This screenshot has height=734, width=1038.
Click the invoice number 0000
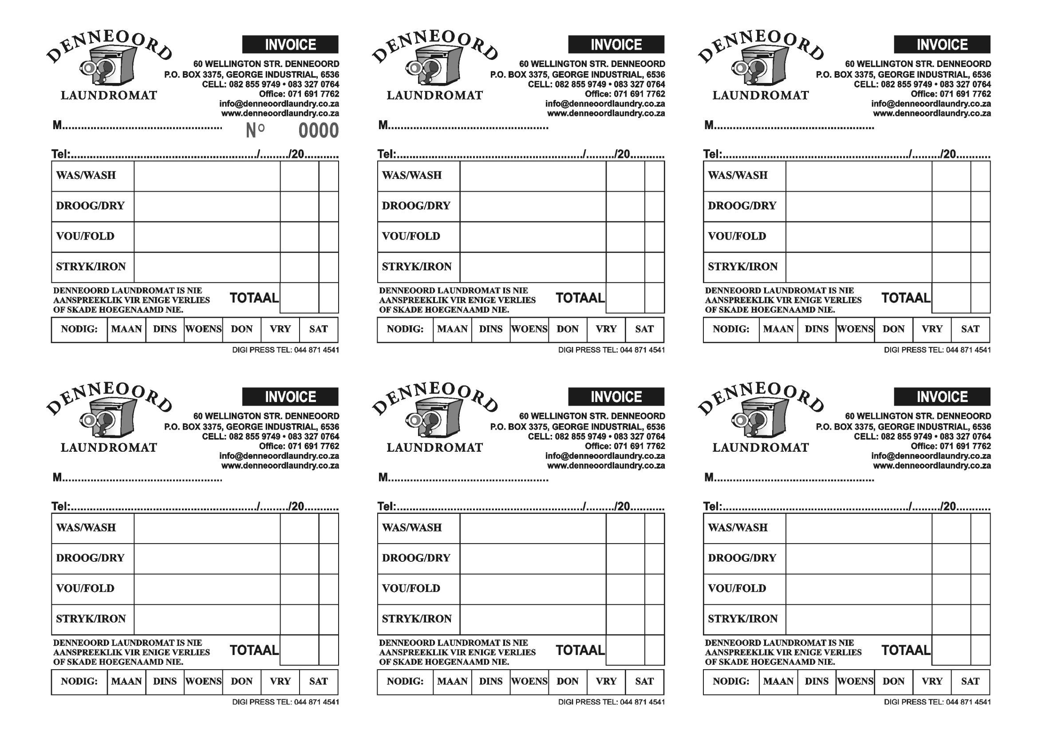[x=318, y=130]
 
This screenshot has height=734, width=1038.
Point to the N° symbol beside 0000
[x=255, y=130]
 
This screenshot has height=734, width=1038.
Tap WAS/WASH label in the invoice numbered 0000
[x=86, y=175]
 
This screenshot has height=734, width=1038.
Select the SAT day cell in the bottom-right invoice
[x=970, y=681]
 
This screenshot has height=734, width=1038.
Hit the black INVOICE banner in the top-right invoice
[x=942, y=45]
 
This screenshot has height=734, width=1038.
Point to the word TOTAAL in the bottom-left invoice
[x=254, y=650]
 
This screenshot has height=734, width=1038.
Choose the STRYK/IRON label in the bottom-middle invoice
[x=416, y=619]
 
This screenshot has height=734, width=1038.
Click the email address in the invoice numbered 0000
[x=279, y=104]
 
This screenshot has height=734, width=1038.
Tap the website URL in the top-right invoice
[x=932, y=114]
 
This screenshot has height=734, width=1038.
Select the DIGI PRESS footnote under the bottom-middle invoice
[x=611, y=702]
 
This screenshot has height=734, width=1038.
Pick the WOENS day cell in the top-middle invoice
[x=529, y=329]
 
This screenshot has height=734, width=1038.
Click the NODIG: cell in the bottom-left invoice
[x=79, y=681]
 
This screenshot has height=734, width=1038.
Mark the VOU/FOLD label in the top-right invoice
[x=737, y=236]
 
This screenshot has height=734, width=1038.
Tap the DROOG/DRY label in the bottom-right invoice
[x=742, y=558]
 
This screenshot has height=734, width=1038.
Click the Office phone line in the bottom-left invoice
[x=299, y=446]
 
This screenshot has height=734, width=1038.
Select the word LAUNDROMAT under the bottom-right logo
[x=761, y=447]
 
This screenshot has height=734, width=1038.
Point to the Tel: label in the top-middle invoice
[x=387, y=154]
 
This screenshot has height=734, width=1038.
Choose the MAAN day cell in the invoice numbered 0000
[x=126, y=329]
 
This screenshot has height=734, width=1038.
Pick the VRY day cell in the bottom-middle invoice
[x=606, y=681]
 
